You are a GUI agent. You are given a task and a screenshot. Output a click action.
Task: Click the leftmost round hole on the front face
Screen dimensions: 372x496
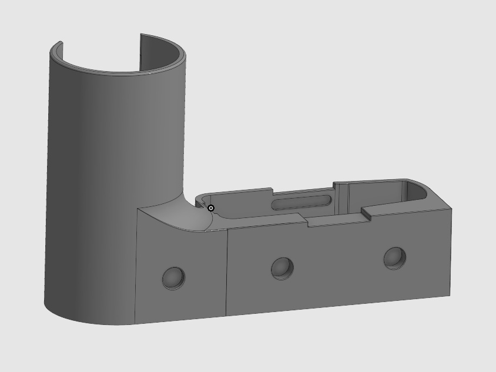[x=173, y=278]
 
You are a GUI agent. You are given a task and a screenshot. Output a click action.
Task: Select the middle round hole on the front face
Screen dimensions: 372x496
[x=282, y=269]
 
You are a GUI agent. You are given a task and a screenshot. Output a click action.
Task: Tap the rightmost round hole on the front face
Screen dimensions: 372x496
[x=394, y=258]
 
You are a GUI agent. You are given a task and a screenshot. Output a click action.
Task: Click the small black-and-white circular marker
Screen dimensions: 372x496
[x=211, y=208]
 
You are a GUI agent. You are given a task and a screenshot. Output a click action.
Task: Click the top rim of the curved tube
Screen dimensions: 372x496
[x=118, y=72]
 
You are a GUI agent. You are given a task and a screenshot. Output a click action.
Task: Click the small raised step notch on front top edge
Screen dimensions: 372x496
[x=366, y=213]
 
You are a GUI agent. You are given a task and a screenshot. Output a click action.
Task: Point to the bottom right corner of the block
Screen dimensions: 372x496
[x=450, y=295]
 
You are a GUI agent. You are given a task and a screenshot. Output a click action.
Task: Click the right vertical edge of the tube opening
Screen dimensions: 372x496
[x=140, y=50]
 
